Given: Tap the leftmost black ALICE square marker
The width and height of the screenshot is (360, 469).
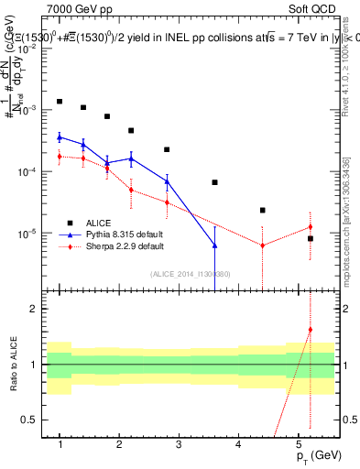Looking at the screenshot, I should click(60, 102).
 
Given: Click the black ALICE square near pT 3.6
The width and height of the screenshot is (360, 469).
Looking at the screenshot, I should click(214, 182).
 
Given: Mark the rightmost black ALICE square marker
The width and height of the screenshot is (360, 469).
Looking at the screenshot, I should click(310, 238).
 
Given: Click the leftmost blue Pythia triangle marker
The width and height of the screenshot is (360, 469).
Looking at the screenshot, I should click(60, 137).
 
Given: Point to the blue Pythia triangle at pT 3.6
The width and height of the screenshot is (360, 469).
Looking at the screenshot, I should click(214, 245).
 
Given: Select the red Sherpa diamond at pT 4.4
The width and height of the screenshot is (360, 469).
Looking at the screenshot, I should click(262, 245).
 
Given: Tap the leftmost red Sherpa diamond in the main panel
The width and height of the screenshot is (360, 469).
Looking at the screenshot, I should click(60, 157).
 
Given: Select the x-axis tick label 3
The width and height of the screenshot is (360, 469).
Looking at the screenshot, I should click(179, 444).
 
